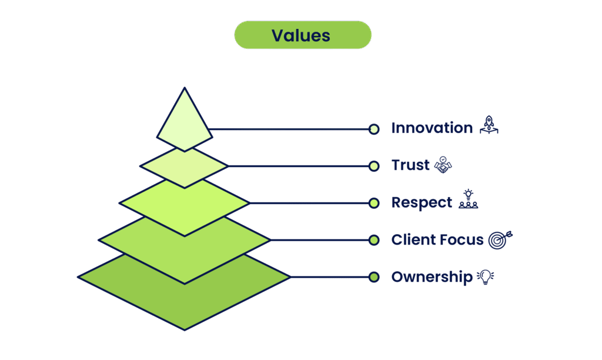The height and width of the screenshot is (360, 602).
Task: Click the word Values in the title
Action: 300,35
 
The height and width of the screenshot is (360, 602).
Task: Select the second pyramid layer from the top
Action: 185,167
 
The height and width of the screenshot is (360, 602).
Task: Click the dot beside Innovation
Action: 374,129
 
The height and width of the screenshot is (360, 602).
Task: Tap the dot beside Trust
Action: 374,166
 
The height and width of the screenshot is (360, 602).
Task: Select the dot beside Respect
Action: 374,204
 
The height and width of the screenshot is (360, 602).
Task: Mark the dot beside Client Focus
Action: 374,240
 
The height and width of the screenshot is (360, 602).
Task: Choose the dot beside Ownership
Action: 374,277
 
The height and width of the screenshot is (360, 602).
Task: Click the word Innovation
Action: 432,129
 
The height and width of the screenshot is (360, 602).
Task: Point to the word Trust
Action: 411,166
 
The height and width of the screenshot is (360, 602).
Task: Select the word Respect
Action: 422,203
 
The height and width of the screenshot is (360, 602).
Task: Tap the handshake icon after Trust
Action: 442,166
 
